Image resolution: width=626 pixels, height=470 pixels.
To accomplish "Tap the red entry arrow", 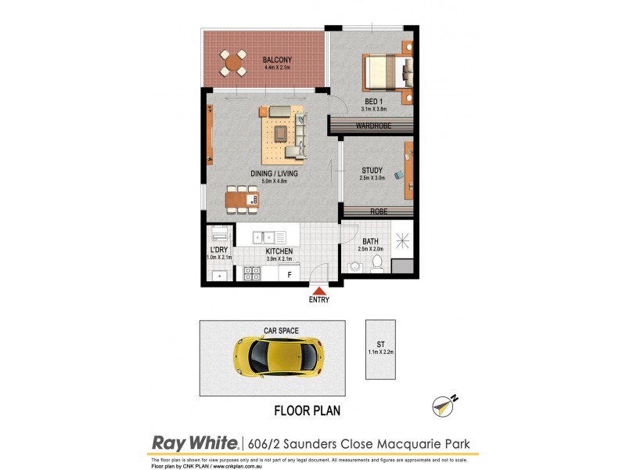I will [318, 291].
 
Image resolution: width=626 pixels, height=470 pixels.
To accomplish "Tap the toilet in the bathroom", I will [376, 262].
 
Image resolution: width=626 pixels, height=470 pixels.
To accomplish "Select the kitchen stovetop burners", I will [253, 273].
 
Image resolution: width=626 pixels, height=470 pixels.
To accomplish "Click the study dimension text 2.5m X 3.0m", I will [372, 179].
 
